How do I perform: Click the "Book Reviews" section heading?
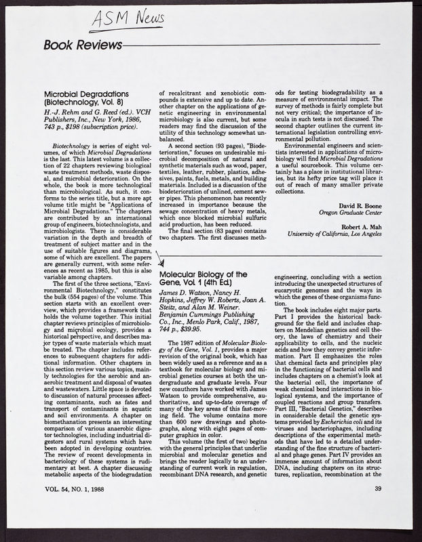81,45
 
